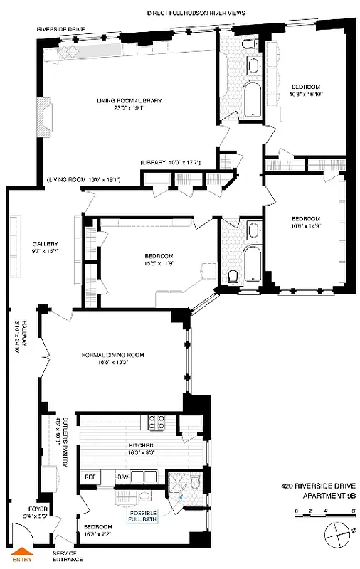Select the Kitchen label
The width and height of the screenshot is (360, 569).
coord(132,452)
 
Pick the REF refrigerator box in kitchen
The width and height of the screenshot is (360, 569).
coord(90,476)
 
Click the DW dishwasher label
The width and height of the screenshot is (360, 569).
coord(122,476)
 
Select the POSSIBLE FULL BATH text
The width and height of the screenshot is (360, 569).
coord(143,515)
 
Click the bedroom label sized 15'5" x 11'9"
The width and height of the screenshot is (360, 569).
coord(158,260)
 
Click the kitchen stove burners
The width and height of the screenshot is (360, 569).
coord(156,424)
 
